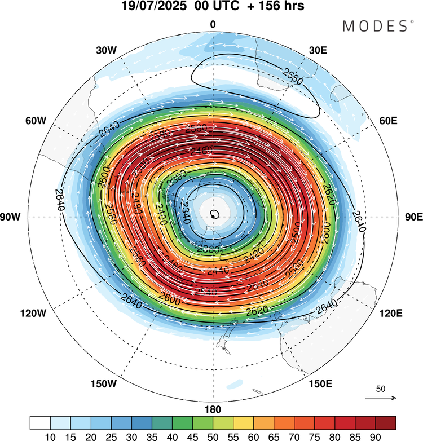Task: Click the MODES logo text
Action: [x=378, y=25]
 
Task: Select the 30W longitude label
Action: [x=105, y=50]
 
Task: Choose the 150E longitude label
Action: [x=320, y=384]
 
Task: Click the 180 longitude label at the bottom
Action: [x=213, y=409]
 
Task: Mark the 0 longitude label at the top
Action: [x=213, y=24]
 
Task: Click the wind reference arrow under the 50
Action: [x=381, y=398]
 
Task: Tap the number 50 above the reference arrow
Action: [x=381, y=389]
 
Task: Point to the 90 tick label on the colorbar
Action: [x=375, y=436]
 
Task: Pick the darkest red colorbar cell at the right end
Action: [x=385, y=422]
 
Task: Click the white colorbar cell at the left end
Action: [x=41, y=422]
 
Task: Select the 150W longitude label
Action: [x=103, y=384]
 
